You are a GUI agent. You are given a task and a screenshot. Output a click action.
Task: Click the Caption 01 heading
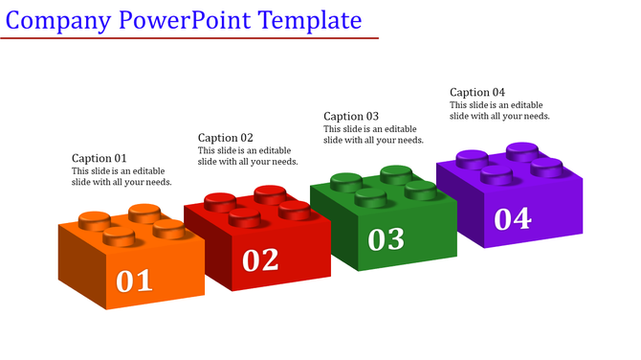click(99, 158)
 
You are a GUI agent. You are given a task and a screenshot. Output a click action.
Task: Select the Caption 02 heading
click(226, 137)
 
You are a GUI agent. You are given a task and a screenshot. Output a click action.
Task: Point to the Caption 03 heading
click(351, 116)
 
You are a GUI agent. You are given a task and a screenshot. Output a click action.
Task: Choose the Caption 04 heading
click(477, 92)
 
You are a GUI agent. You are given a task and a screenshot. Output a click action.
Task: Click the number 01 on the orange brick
click(135, 281)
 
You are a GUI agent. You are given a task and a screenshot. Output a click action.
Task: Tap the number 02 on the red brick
click(260, 259)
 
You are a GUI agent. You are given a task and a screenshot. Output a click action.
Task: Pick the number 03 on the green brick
click(387, 239)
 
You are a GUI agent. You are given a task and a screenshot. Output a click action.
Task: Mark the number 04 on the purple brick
click(513, 218)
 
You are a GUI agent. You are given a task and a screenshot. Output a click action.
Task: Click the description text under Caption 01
click(122, 177)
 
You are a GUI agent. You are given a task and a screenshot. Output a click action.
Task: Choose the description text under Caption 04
click(499, 110)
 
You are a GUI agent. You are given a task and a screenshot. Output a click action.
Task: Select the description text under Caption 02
click(248, 156)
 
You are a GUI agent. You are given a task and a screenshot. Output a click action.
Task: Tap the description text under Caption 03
click(373, 134)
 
